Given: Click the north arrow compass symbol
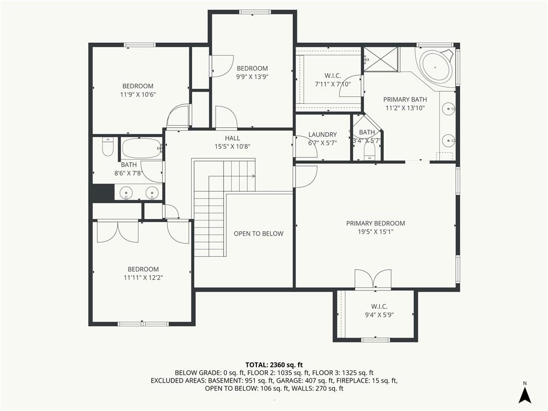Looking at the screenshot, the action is [x=524, y=393].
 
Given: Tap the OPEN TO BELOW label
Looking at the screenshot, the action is [x=258, y=233].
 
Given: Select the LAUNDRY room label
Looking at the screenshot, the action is [x=323, y=134].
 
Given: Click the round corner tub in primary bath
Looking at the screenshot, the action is [x=436, y=67].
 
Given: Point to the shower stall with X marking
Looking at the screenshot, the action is [x=380, y=59].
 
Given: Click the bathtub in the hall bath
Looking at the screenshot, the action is [x=141, y=148].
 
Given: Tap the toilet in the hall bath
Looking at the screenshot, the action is [x=108, y=147].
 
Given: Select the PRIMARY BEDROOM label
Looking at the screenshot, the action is [x=376, y=223].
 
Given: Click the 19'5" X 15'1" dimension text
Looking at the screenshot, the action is [x=376, y=232].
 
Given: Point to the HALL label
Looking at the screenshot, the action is [x=232, y=138].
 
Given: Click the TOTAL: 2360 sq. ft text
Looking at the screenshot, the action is [x=274, y=365].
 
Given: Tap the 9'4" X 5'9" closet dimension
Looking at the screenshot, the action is [x=379, y=315].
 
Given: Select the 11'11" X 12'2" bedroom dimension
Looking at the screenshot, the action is [x=143, y=278].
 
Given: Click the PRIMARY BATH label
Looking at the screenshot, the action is [x=405, y=100].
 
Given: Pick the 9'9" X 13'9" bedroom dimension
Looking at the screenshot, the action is [x=253, y=77].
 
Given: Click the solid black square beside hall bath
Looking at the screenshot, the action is [x=102, y=193].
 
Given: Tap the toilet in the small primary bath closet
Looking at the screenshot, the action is [x=369, y=153].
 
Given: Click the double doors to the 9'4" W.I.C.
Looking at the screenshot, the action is [x=373, y=279].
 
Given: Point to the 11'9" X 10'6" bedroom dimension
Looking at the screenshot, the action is [x=138, y=94].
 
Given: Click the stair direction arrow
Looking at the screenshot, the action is [x=250, y=176].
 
